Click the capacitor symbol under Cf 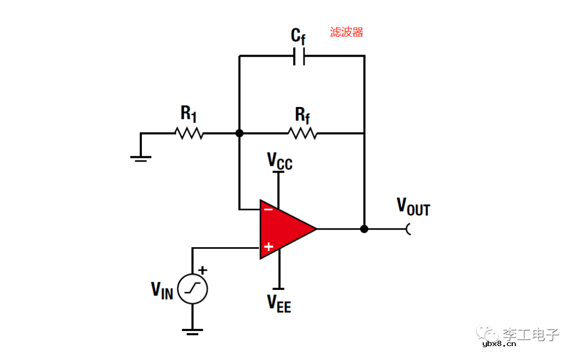pos(299,56)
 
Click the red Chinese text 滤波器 pos(346,32)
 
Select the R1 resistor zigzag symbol pos(189,133)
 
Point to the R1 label pos(188,113)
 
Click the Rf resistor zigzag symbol pos(302,133)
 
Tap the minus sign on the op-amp pos(268,209)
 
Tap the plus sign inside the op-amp pos(269,247)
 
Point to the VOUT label pos(413,206)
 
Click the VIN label pos(162,290)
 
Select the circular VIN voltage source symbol pos(192,289)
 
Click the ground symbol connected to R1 pos(141,157)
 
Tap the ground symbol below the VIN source pos(192,331)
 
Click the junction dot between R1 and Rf pos(239,133)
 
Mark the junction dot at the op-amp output pos(364,229)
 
